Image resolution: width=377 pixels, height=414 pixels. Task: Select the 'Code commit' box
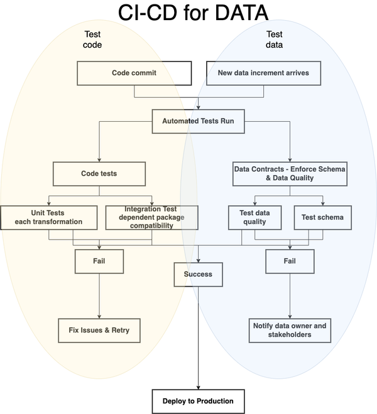tap(134, 73)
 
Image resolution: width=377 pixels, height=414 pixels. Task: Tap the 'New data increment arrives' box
tap(263, 73)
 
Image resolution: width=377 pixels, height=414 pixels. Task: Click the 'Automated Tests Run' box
tap(199, 121)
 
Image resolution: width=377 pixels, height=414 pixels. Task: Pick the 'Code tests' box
tap(99, 174)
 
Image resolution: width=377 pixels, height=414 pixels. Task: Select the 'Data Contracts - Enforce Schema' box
tap(290, 174)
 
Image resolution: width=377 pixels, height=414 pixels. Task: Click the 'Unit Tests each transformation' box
tap(49, 217)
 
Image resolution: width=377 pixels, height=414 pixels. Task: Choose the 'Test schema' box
tap(322, 217)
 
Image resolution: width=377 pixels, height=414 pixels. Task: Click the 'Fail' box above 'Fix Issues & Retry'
tap(99, 261)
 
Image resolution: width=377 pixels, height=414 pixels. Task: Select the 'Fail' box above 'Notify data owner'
tap(290, 261)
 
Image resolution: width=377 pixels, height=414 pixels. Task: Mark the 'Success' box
tap(198, 274)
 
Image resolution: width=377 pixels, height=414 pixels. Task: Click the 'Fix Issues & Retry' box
tap(99, 330)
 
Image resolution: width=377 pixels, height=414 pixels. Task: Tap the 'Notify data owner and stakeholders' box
tap(290, 330)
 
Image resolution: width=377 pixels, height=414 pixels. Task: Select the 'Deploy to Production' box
tap(198, 401)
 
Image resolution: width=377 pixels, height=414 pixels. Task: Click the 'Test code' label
tap(93, 40)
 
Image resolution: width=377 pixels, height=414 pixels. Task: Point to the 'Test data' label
tap(274, 40)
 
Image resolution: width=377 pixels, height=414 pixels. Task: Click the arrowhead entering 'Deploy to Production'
tap(199, 387)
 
